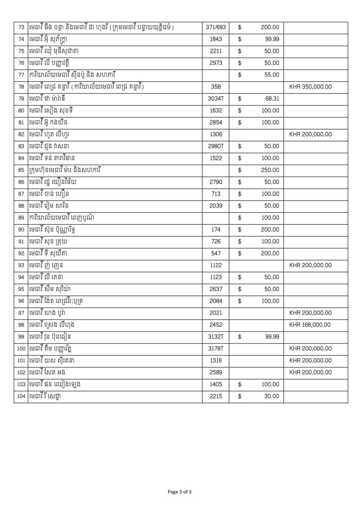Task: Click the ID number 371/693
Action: [216, 27]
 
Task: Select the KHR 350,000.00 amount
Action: [310, 87]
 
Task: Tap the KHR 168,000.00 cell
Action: [310, 325]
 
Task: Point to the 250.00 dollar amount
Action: [270, 170]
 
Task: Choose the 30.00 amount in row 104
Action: [272, 396]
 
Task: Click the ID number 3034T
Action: [216, 99]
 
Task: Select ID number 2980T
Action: [216, 146]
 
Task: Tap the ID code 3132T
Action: [216, 337]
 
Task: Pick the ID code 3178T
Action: [216, 349]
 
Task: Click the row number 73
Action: [21, 27]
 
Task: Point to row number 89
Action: [21, 218]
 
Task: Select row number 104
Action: [21, 396]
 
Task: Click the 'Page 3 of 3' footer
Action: [180, 492]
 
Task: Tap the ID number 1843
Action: [216, 39]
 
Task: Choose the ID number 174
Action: [216, 230]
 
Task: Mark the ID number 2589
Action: [216, 373]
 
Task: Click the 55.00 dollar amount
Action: [272, 75]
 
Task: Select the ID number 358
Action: [216, 87]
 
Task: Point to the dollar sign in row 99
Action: [239, 337]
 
